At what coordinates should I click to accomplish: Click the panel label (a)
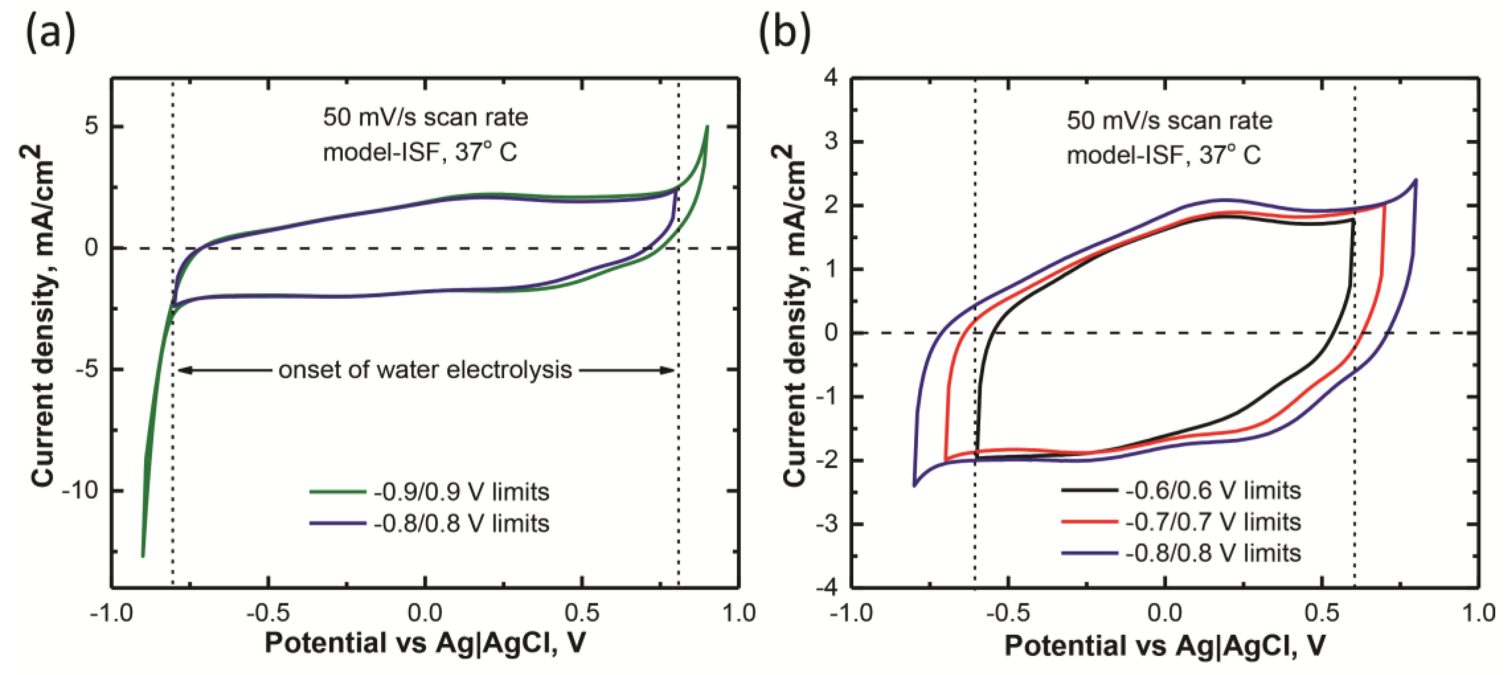[x=50, y=32]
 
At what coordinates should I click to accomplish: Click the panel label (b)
[x=785, y=32]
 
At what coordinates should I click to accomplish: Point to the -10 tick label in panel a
[x=81, y=490]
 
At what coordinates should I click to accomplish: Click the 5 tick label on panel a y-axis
[x=92, y=126]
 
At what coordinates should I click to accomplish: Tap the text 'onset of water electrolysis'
[x=425, y=370]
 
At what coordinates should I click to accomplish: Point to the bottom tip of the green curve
[x=143, y=556]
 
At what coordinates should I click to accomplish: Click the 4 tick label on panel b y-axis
[x=830, y=78]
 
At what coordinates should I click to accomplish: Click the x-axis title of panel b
[x=1164, y=645]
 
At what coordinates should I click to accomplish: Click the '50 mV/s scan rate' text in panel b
[x=1169, y=121]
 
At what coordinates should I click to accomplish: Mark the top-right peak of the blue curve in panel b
[x=1415, y=180]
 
